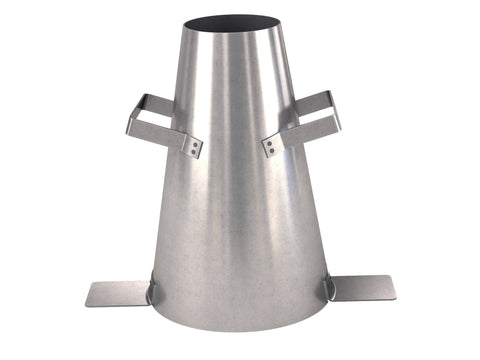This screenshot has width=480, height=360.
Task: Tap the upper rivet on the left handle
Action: click(x=186, y=143)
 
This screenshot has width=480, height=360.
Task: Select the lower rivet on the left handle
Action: click(x=193, y=152)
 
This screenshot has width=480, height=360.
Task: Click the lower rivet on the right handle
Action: click(x=269, y=151)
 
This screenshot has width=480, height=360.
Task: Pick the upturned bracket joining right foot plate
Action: click(x=329, y=289)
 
